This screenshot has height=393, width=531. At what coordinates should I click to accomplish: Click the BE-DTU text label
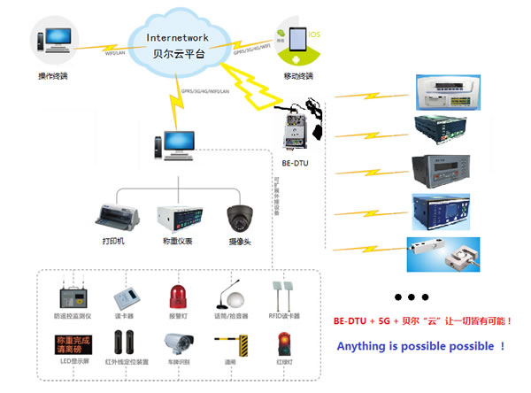pos(297,163)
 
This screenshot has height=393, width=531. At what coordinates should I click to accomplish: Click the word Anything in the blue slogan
pos(364,346)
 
